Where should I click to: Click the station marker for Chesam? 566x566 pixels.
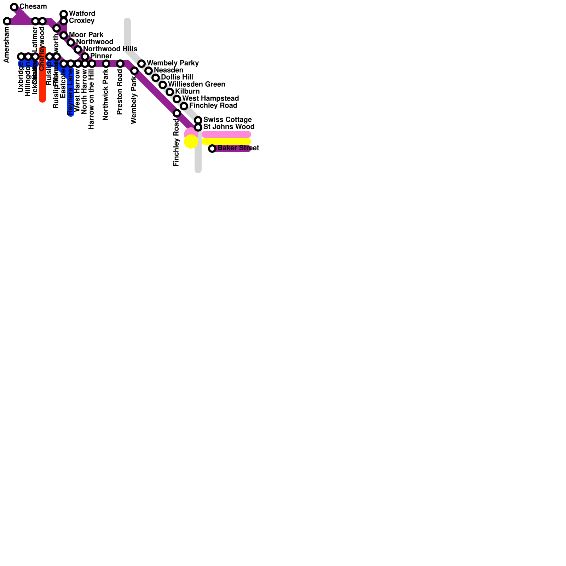click(x=14, y=7)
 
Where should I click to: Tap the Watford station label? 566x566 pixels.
click(x=82, y=14)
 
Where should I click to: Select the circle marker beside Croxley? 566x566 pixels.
click(x=64, y=21)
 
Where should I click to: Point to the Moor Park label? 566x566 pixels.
click(x=86, y=35)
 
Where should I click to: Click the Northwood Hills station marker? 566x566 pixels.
click(x=78, y=50)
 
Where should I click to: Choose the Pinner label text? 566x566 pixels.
click(x=101, y=56)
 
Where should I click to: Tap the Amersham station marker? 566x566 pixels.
click(x=7, y=21)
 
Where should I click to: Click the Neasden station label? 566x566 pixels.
click(x=168, y=70)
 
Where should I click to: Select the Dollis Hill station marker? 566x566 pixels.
click(x=156, y=78)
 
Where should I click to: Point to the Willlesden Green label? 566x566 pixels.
click(x=196, y=84)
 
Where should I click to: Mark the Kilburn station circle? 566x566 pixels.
click(x=170, y=92)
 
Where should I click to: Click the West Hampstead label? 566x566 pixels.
click(x=210, y=98)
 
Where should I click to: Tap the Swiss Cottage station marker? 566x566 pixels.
click(x=198, y=120)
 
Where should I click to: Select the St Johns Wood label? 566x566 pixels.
click(x=229, y=127)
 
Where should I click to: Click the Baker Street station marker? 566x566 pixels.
click(x=212, y=149)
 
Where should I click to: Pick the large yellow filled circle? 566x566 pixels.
click(x=191, y=141)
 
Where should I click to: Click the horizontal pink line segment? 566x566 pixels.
click(x=226, y=134)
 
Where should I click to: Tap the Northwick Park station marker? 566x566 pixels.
click(x=106, y=64)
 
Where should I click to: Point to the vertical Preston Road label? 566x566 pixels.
click(x=120, y=92)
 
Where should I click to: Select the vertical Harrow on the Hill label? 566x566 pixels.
click(x=91, y=99)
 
